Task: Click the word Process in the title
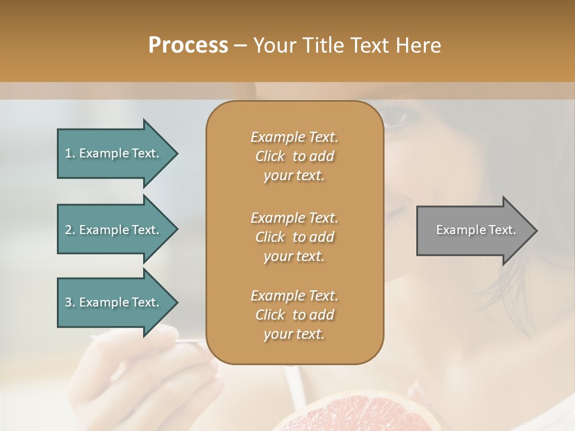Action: pos(188,45)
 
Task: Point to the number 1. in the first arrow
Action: pos(70,153)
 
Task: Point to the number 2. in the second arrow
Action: pos(70,230)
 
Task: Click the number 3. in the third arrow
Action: pos(70,302)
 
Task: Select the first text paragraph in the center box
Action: pos(294,156)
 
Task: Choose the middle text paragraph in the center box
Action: pos(294,236)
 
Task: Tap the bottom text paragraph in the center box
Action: pos(294,315)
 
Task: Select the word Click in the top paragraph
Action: pos(270,156)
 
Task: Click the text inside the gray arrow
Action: pos(476,230)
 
